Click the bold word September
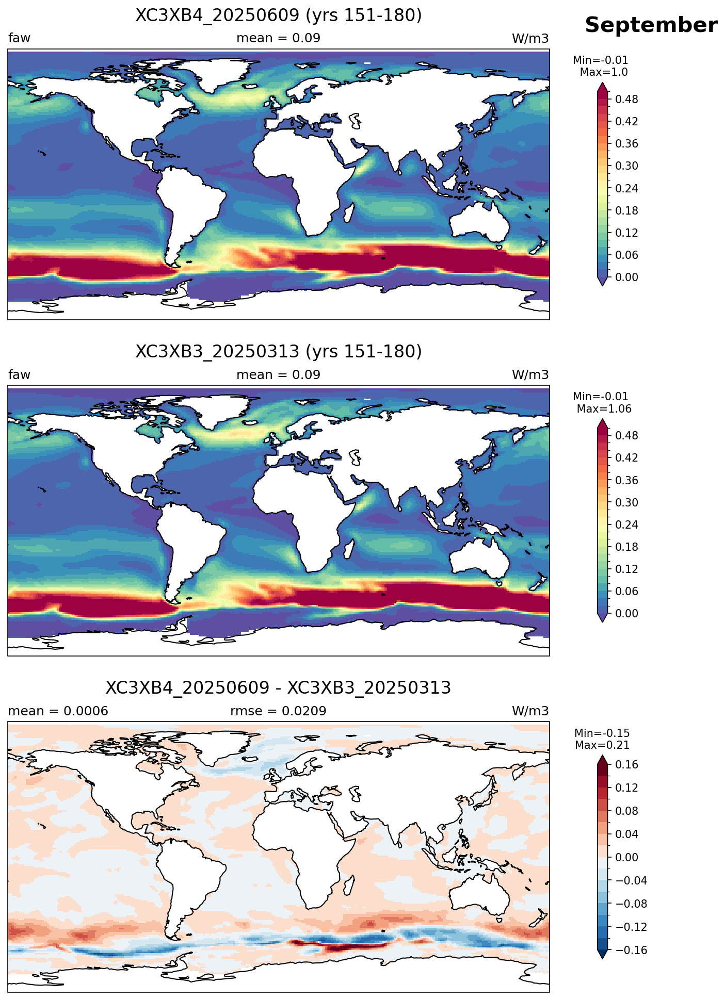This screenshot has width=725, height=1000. pyautogui.click(x=651, y=25)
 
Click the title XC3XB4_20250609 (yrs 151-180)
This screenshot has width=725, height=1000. pyautogui.click(x=279, y=15)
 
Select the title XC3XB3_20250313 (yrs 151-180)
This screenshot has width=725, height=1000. pyautogui.click(x=279, y=352)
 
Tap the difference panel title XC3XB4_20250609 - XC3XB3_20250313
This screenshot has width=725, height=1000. pyautogui.click(x=279, y=688)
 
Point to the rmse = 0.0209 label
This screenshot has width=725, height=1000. pyautogui.click(x=279, y=711)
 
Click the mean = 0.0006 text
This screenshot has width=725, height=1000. pyautogui.click(x=58, y=711)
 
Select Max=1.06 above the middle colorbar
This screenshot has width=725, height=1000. pyautogui.click(x=604, y=409)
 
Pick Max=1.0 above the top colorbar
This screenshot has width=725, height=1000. pyautogui.click(x=604, y=72)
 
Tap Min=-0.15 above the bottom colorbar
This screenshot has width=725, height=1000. pyautogui.click(x=602, y=733)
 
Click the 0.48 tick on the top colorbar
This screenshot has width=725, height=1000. pyautogui.click(x=626, y=99)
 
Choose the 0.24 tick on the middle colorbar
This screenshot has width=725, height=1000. pyautogui.click(x=626, y=525)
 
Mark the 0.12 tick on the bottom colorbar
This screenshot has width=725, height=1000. pyautogui.click(x=626, y=788)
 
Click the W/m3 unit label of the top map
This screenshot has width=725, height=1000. pyautogui.click(x=530, y=39)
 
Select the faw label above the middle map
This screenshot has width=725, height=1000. pyautogui.click(x=20, y=375)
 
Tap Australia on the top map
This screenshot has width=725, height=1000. pyautogui.click(x=479, y=222)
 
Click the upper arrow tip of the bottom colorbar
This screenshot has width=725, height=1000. pyautogui.click(x=602, y=756)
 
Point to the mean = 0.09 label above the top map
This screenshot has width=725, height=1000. pyautogui.click(x=279, y=38)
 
